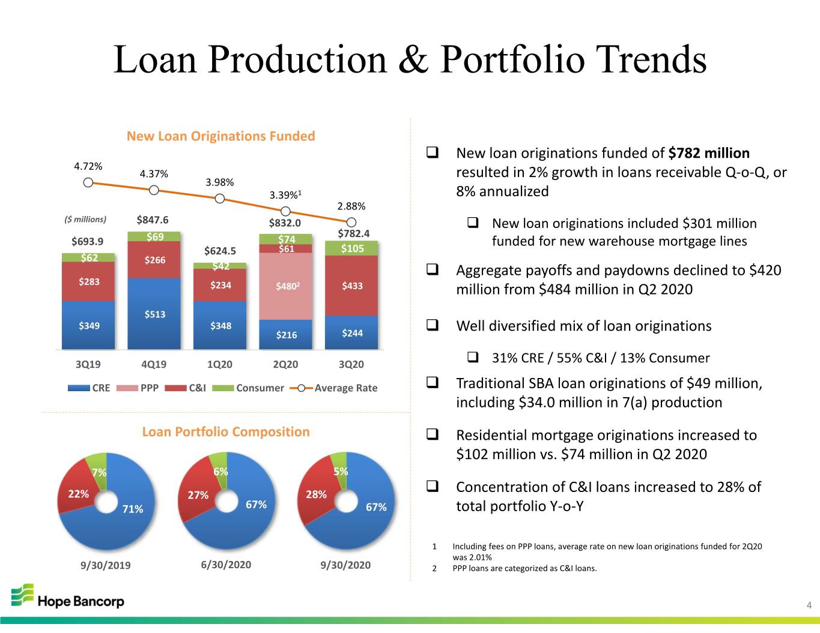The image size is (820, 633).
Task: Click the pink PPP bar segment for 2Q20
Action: (286, 286)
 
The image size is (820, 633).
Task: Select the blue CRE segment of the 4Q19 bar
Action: (154, 313)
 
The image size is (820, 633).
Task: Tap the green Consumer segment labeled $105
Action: (351, 248)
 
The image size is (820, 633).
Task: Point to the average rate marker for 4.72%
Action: (88, 183)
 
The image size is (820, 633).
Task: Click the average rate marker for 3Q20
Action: (351, 223)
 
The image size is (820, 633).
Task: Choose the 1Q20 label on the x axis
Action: (220, 364)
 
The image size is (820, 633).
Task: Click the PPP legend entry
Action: (138, 388)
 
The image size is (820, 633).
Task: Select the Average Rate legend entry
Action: (333, 388)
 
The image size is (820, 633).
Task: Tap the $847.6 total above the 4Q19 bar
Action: (153, 220)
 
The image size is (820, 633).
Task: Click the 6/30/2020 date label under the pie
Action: (226, 565)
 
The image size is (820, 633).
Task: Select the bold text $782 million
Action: (709, 153)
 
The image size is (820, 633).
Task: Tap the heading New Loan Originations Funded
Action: (220, 136)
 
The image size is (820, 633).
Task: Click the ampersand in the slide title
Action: (413, 59)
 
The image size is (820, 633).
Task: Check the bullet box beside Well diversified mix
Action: (433, 325)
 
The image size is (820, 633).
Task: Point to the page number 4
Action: (809, 605)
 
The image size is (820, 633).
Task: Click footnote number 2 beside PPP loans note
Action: (434, 569)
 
